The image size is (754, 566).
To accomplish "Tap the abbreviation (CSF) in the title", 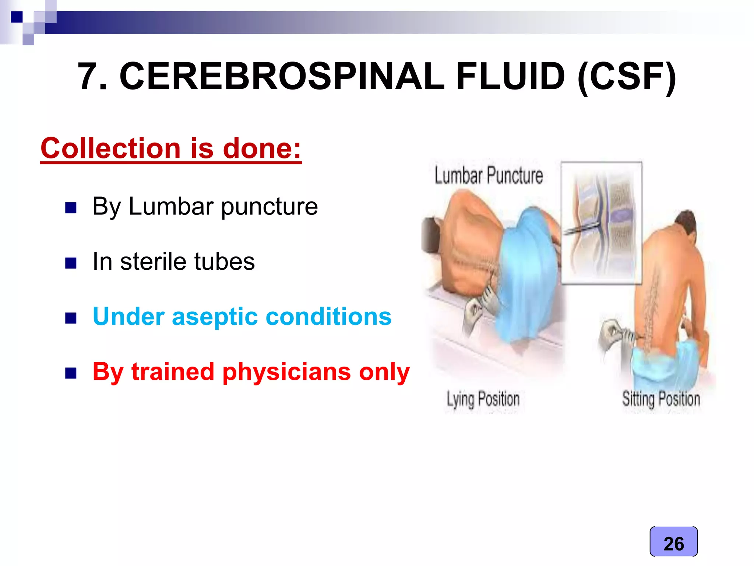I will click(x=626, y=76).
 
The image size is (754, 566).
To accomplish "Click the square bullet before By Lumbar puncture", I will click(x=71, y=208).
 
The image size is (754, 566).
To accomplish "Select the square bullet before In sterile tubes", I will click(x=71, y=263).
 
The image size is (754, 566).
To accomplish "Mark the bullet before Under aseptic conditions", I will click(x=71, y=318).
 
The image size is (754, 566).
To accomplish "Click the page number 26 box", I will click(x=673, y=542).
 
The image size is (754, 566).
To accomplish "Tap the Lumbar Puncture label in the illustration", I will click(x=489, y=175).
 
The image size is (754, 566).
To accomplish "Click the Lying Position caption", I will click(x=483, y=399).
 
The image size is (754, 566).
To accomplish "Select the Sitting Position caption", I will click(x=661, y=399).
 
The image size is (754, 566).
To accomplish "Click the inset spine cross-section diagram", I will click(x=602, y=223).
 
